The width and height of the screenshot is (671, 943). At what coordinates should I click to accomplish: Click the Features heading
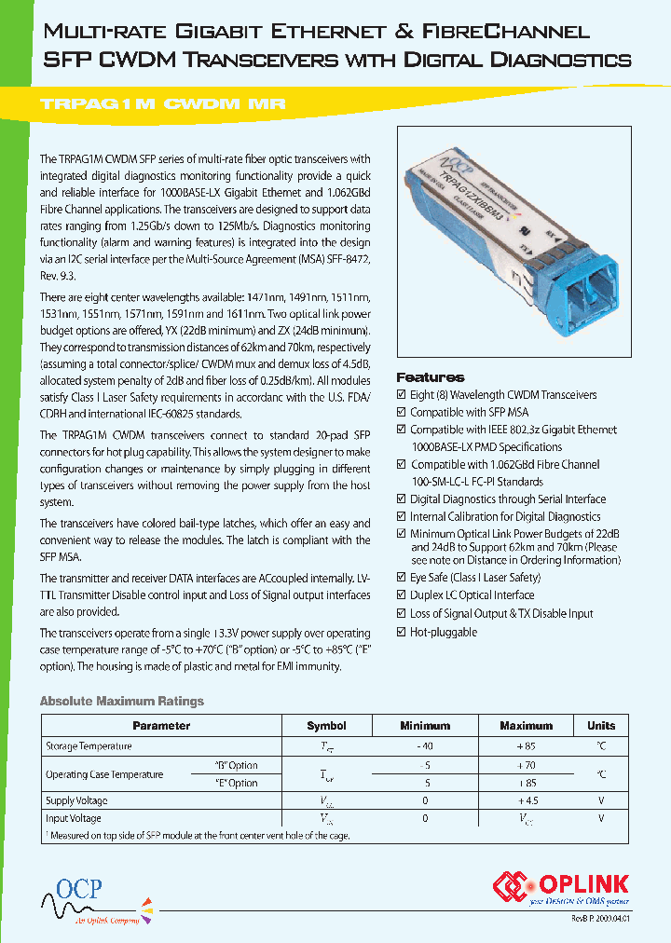point(431,377)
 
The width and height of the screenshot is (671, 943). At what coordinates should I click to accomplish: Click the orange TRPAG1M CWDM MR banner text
point(162,105)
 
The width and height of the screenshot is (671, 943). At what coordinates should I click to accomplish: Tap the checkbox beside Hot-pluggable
point(402,633)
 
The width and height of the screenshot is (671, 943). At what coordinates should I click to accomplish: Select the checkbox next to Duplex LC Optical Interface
point(402,595)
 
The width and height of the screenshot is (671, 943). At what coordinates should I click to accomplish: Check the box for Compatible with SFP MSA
point(402,413)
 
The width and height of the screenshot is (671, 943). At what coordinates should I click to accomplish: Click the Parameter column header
point(161,726)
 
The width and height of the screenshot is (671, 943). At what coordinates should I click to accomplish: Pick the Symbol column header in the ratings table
point(326,726)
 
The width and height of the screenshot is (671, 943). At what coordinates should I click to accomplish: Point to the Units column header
point(601,726)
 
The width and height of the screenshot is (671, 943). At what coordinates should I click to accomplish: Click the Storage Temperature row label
point(89,746)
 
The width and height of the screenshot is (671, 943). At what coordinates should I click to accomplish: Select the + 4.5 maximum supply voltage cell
point(527,800)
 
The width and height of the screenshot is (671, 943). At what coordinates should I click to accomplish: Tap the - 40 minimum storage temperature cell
point(425,746)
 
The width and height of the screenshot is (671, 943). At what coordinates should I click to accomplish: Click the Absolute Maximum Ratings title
point(121,701)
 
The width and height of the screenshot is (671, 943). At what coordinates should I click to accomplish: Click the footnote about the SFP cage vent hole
point(198,836)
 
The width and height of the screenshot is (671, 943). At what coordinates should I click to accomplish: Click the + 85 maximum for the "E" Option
point(527,784)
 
